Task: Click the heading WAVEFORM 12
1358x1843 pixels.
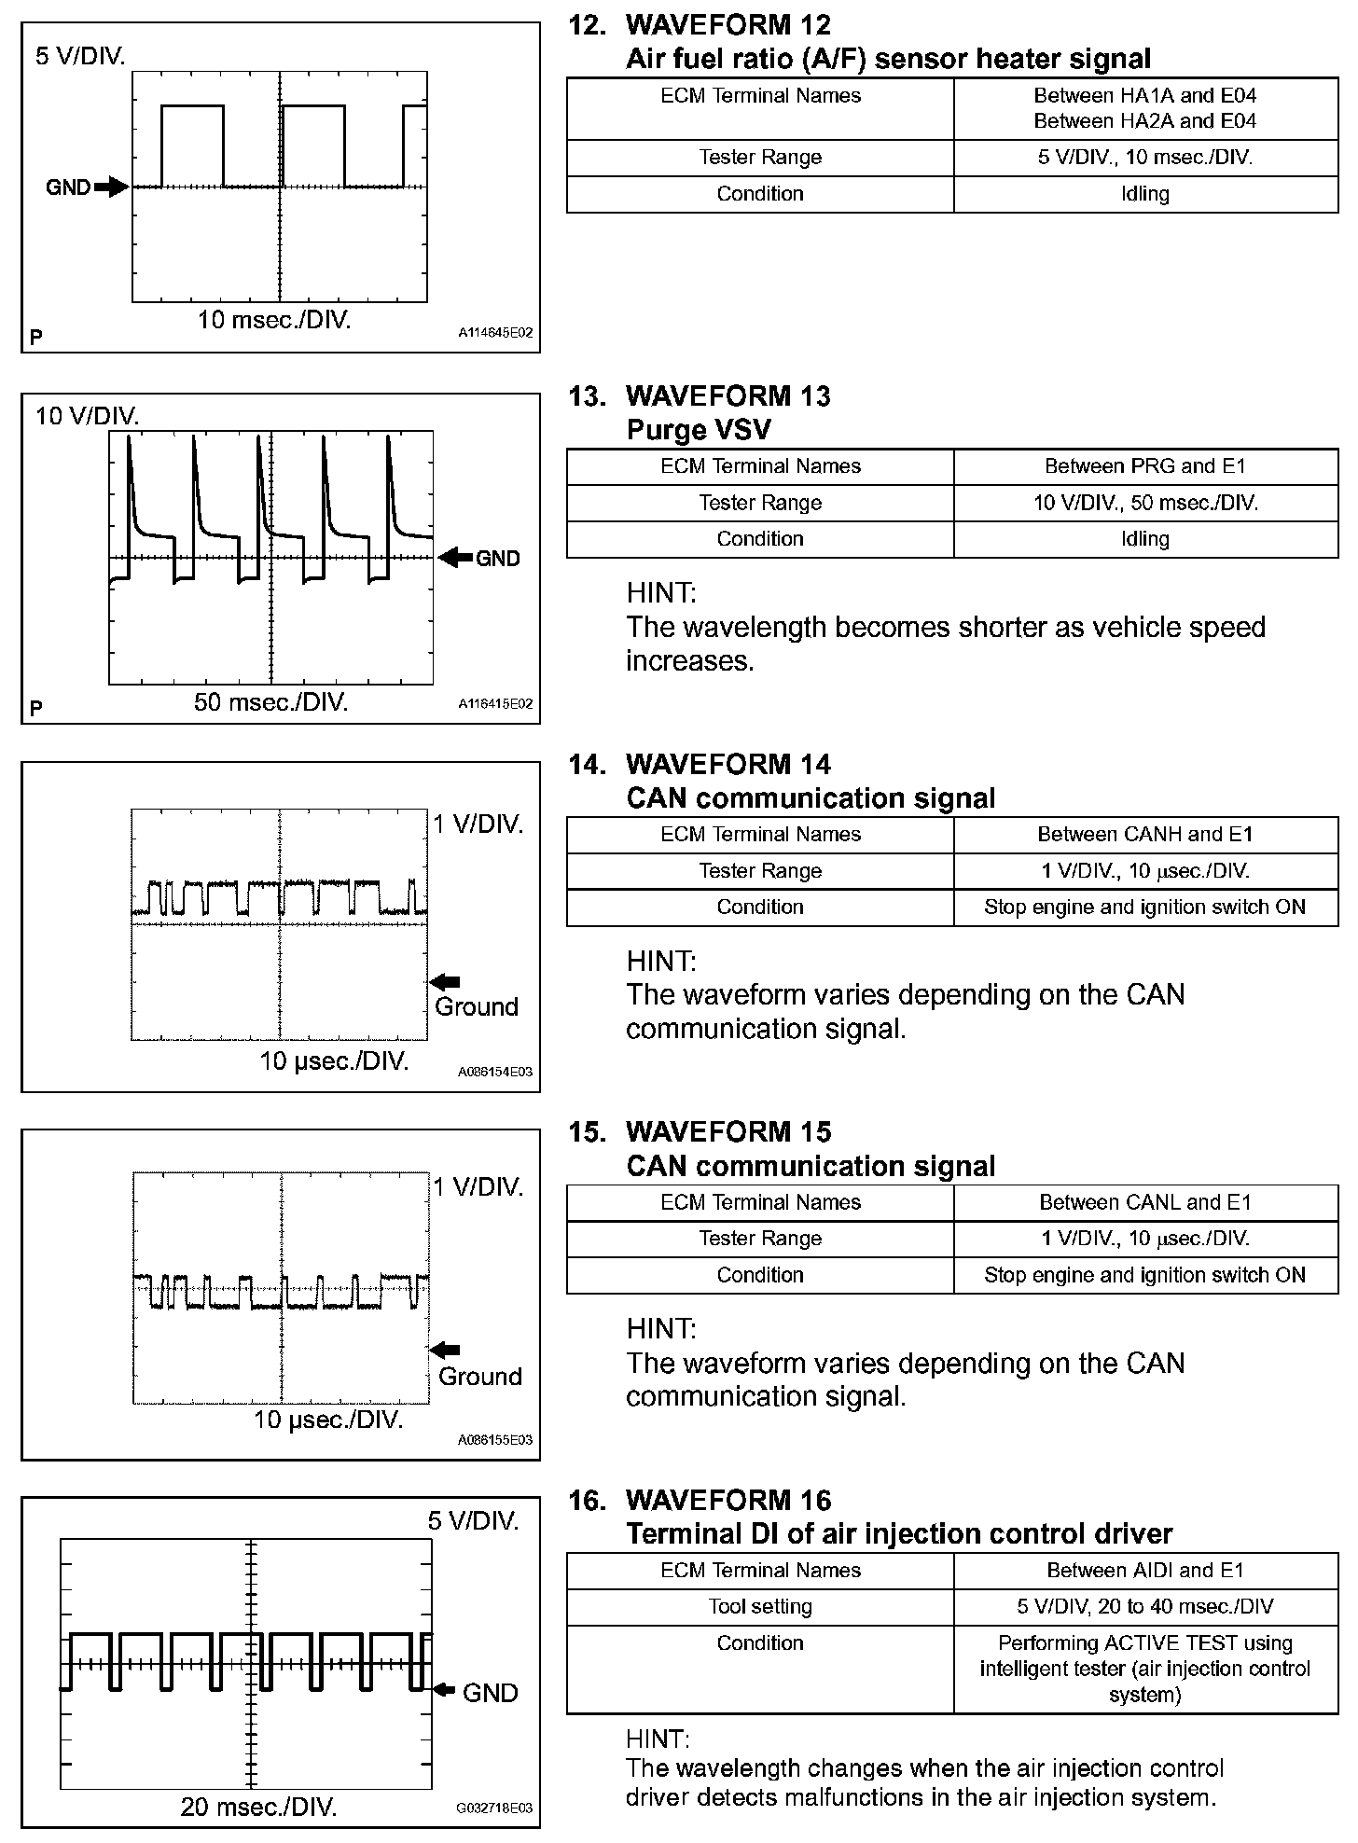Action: click(x=727, y=25)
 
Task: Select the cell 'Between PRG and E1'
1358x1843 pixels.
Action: click(x=1145, y=466)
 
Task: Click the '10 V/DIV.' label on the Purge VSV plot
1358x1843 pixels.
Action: click(x=87, y=416)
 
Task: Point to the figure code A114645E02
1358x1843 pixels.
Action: click(x=495, y=333)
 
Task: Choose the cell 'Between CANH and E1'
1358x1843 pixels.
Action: click(x=1145, y=835)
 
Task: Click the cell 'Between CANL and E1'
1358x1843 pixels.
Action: click(x=1145, y=1202)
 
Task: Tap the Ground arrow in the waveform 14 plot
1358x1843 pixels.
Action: click(x=445, y=981)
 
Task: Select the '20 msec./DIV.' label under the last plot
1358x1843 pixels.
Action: click(x=258, y=1807)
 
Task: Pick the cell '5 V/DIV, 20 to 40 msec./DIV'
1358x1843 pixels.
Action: click(x=1145, y=1606)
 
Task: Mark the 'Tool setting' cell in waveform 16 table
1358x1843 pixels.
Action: click(x=760, y=1606)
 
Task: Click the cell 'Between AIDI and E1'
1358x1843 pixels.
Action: click(x=1145, y=1570)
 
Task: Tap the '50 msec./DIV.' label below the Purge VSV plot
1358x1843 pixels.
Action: click(x=270, y=702)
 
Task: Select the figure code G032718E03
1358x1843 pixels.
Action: click(x=494, y=1808)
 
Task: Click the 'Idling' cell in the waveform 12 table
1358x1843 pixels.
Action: click(x=1145, y=194)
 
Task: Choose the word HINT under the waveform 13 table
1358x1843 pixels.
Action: click(x=661, y=593)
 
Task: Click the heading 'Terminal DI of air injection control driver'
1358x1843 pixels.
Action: click(x=899, y=1533)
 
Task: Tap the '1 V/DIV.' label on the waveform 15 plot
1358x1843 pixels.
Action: click(x=478, y=1186)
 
